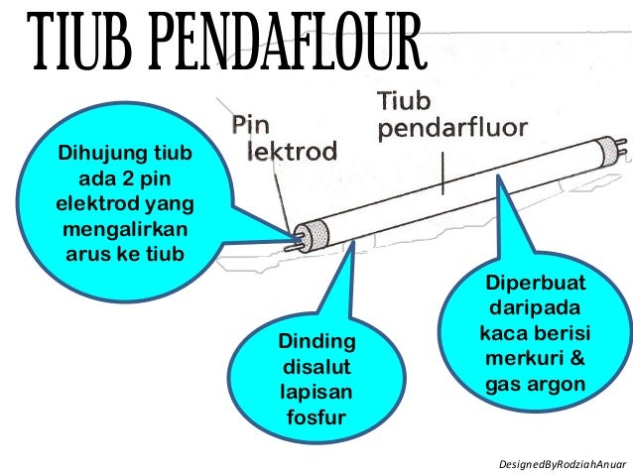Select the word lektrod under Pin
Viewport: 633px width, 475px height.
pos(292,152)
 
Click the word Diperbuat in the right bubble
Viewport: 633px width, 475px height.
pos(535,285)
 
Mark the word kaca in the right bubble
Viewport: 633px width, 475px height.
pos(504,333)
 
